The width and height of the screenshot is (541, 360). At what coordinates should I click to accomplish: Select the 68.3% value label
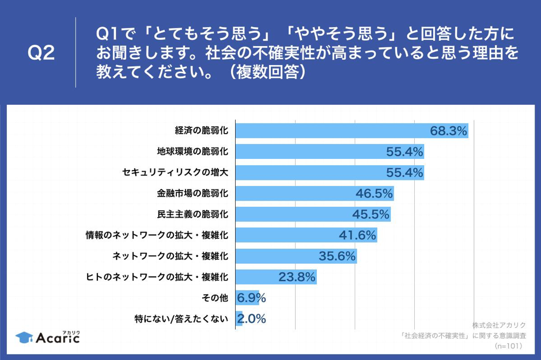(448, 131)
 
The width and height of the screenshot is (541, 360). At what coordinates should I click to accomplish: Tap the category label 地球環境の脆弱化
(193, 151)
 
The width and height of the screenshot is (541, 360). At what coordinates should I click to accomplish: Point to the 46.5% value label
(374, 194)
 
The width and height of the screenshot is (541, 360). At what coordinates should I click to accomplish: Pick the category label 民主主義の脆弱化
(193, 214)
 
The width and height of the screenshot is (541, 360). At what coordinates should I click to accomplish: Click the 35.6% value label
(337, 256)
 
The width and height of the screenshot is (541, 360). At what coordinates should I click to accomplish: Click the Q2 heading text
(41, 53)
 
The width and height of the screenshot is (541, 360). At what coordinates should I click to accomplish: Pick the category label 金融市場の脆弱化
(193, 194)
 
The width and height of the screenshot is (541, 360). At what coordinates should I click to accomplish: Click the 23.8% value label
(297, 277)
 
